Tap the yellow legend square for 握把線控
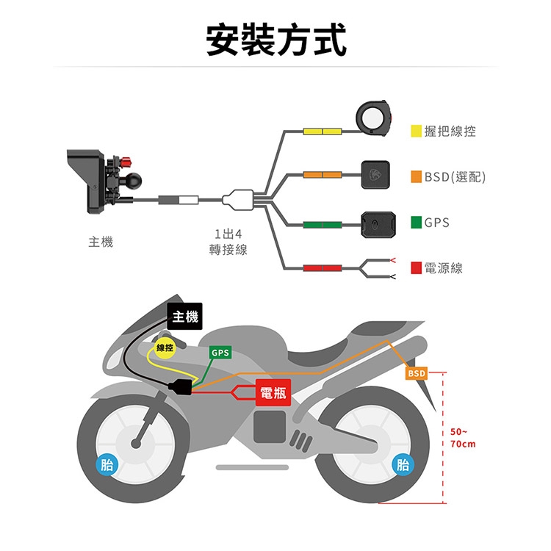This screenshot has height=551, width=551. (x=416, y=131)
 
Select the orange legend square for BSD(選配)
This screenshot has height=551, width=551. (x=416, y=176)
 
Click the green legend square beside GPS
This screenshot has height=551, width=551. (x=416, y=222)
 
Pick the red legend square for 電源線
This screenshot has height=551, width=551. (x=416, y=267)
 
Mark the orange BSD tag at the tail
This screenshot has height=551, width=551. (x=417, y=374)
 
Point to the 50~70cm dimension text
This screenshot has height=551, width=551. (x=463, y=438)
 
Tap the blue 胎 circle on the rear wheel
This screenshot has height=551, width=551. (x=402, y=464)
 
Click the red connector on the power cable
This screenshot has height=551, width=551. (x=322, y=267)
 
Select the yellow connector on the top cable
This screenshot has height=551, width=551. (x=322, y=131)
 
